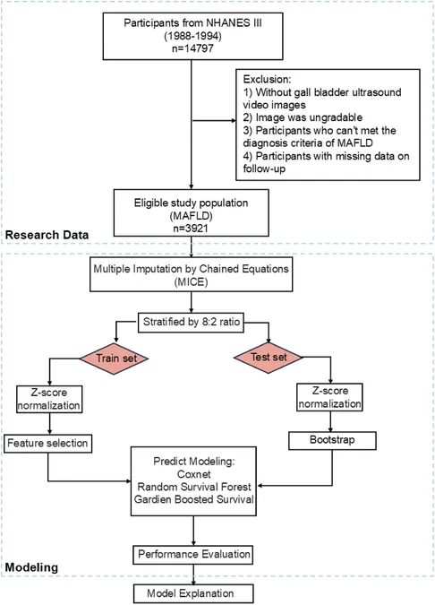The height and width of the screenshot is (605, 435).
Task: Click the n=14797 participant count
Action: (192, 48)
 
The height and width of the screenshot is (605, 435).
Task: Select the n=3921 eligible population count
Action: (191, 228)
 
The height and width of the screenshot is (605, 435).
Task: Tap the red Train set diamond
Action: (114, 359)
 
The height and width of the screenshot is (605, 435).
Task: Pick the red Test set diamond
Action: (269, 358)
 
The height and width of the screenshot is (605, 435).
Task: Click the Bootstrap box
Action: (332, 440)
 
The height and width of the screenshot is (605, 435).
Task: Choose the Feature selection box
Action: (47, 444)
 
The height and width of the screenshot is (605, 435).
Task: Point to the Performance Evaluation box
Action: (193, 555)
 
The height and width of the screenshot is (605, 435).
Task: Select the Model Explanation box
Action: (193, 593)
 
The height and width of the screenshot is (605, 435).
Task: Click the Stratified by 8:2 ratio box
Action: (192, 322)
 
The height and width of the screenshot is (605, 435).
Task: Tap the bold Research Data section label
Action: (47, 235)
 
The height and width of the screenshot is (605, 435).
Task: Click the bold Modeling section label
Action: (31, 567)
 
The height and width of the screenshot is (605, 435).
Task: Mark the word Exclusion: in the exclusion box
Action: (267, 80)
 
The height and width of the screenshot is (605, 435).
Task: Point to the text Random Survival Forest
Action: (194, 487)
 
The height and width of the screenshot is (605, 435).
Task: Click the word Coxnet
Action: (194, 474)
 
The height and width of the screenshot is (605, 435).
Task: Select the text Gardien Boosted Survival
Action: (194, 499)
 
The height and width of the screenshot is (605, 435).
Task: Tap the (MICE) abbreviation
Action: (192, 282)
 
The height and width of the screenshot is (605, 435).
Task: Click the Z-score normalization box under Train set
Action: (49, 400)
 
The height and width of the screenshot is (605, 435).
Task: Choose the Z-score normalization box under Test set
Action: (329, 397)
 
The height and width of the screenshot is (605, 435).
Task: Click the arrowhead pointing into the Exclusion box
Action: (234, 121)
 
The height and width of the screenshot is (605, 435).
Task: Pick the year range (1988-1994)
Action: (192, 36)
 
